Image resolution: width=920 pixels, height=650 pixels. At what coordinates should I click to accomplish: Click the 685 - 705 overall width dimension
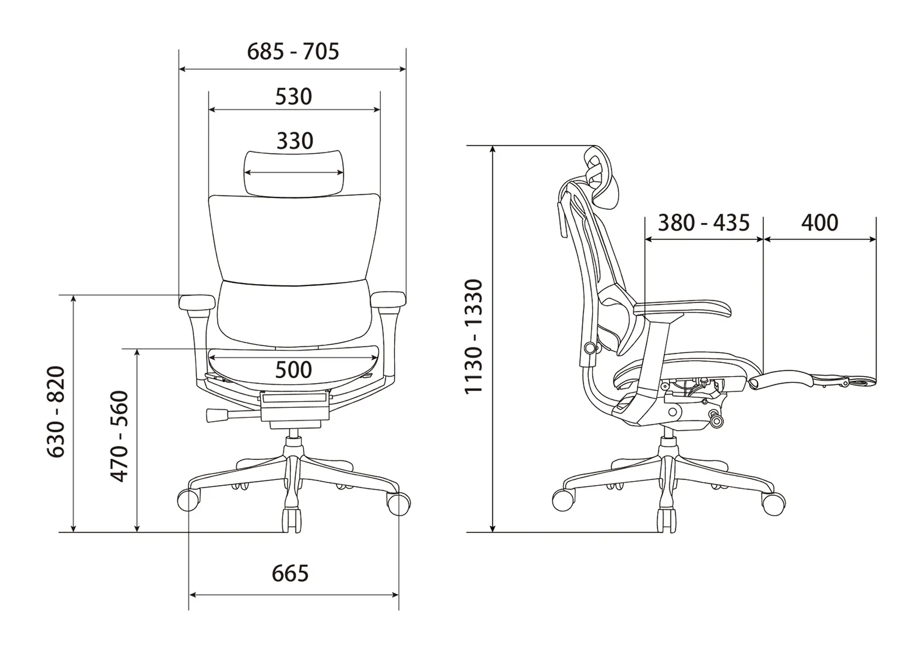click(x=293, y=52)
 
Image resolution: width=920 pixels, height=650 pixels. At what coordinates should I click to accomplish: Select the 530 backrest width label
click(x=293, y=97)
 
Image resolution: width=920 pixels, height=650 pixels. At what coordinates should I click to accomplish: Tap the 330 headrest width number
click(x=294, y=141)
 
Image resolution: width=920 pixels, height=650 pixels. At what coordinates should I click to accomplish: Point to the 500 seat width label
click(x=293, y=370)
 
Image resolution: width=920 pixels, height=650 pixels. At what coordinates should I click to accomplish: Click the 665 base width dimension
click(x=290, y=573)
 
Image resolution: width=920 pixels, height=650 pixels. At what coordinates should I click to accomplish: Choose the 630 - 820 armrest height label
click(x=56, y=412)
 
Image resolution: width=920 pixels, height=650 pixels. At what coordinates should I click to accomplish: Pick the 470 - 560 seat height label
click(x=119, y=436)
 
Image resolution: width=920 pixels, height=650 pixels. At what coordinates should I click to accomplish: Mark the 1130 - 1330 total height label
click(x=474, y=337)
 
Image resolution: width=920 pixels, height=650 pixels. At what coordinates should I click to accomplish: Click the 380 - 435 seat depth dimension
click(x=703, y=223)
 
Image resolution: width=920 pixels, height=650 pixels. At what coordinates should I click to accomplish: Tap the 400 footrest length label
click(x=819, y=223)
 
